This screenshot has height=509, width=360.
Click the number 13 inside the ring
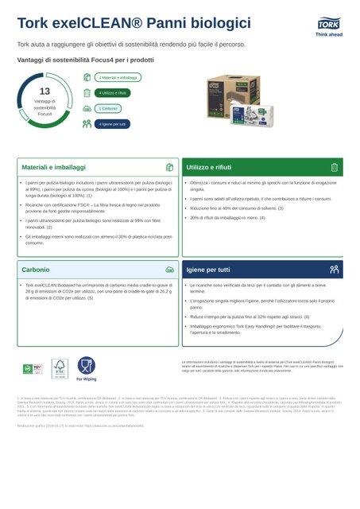(x=45, y=91)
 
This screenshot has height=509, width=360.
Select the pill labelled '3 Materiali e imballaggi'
(x=118, y=77)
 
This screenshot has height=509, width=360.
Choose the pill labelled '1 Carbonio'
(x=109, y=108)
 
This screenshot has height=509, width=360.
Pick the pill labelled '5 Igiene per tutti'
(x=112, y=124)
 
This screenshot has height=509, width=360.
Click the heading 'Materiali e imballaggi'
(x=54, y=168)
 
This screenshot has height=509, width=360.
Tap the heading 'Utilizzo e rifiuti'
(x=208, y=168)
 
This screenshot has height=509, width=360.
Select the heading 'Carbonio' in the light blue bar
(x=36, y=270)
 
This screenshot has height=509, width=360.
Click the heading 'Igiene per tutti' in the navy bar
(x=208, y=270)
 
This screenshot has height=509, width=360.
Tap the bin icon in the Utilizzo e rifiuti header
(x=334, y=168)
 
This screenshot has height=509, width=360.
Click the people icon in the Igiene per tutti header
(x=334, y=270)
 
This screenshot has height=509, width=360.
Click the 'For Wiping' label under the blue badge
(x=86, y=380)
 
